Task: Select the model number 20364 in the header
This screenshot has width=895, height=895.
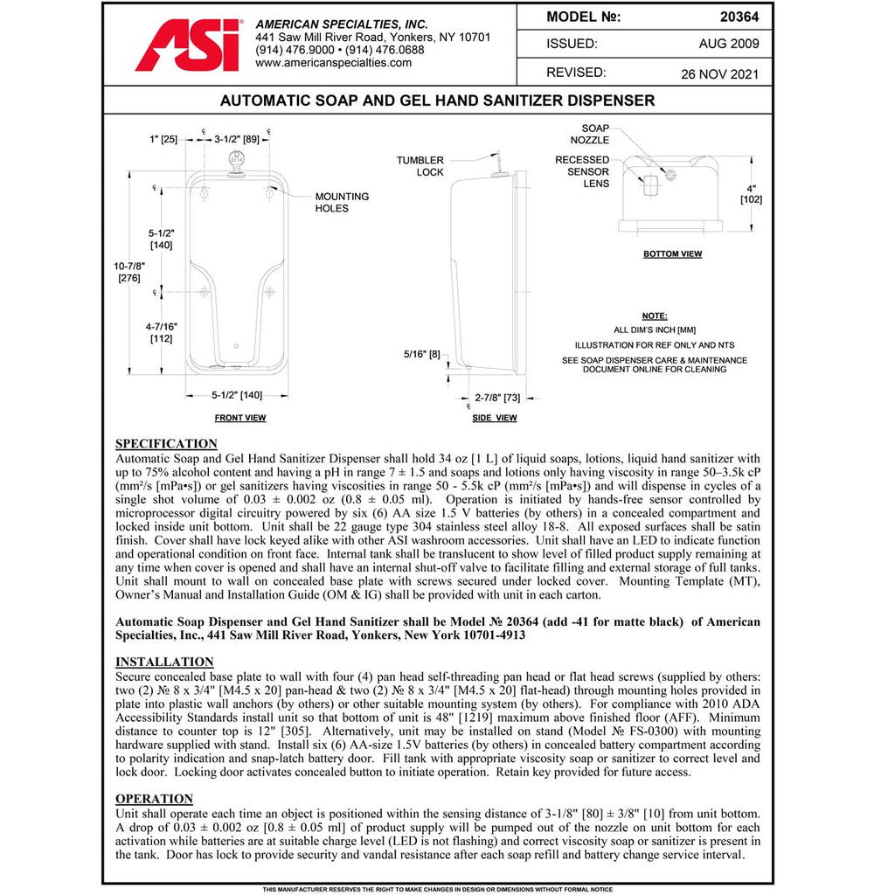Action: point(738,17)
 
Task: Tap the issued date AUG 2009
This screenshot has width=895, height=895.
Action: point(729,44)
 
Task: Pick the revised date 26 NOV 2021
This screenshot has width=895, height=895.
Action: point(719,73)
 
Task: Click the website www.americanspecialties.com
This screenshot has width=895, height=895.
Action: point(334,63)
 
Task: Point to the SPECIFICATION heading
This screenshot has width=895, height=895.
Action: point(166,443)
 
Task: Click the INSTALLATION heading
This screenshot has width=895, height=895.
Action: point(164,662)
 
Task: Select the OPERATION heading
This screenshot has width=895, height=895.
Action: point(154,799)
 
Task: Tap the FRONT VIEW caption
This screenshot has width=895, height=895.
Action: point(240,418)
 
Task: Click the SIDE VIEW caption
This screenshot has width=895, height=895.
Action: point(494,418)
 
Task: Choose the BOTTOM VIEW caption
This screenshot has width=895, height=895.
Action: point(672,254)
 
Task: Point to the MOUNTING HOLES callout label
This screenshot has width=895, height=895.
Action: point(342,203)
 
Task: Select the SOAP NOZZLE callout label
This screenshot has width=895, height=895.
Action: point(590,134)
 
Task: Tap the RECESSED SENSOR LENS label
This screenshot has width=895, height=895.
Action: point(582,171)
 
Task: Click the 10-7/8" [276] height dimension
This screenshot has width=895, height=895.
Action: point(130,271)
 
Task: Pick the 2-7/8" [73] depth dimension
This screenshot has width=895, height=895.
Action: point(496,398)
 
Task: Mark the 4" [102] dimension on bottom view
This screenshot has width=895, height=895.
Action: point(751,193)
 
